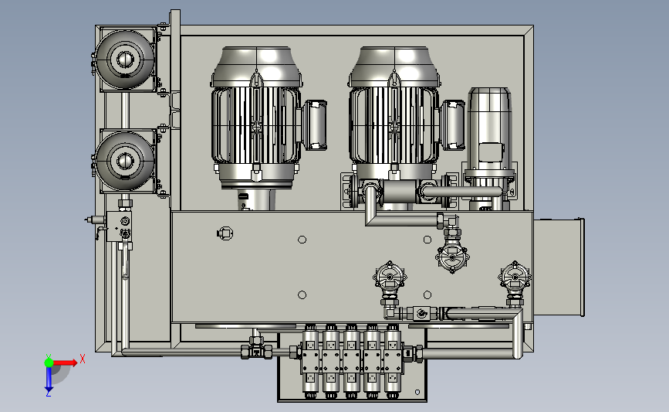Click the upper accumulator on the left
coord(125,59)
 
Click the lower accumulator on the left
coord(125,161)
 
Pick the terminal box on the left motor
coord(315,125)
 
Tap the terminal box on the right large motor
coord(453,125)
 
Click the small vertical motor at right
coord(489,148)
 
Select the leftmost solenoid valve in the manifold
coord(310,361)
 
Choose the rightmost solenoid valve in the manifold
coord(393,361)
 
